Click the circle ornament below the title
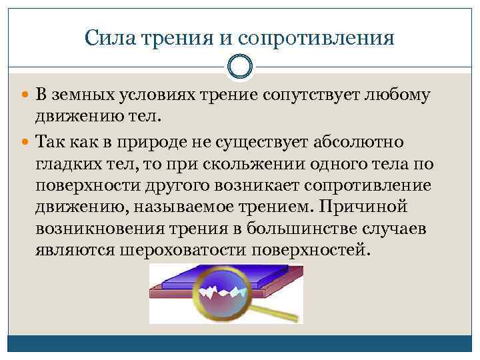(x=239, y=67)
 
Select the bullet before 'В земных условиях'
(x=25, y=95)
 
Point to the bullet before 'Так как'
(x=25, y=143)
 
